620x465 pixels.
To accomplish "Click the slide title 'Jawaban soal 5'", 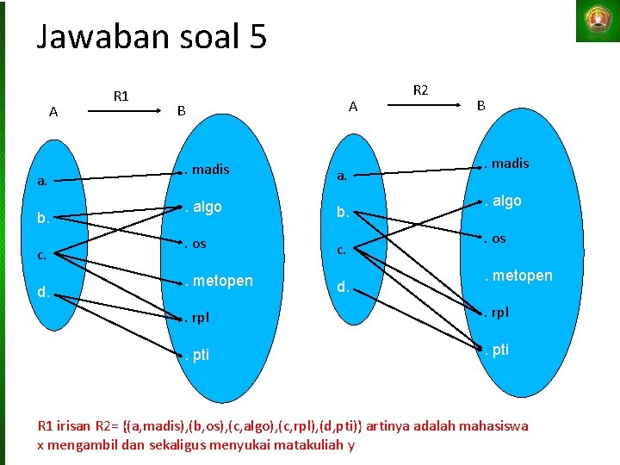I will (x=152, y=37).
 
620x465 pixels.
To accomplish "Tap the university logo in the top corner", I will (x=597, y=21).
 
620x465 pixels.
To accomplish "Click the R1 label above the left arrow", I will (x=121, y=96).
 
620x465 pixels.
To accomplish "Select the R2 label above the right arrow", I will (x=421, y=89).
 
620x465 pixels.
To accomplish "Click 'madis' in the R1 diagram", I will (x=210, y=170).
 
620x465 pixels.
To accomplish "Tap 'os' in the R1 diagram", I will (x=198, y=244).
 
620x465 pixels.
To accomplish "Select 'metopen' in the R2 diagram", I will (x=521, y=276).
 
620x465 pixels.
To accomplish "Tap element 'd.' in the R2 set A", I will (x=343, y=286).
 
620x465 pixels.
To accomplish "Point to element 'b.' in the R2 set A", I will (x=343, y=213).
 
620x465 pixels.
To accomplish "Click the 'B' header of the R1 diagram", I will (x=181, y=110).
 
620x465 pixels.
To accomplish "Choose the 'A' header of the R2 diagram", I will (x=352, y=106).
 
